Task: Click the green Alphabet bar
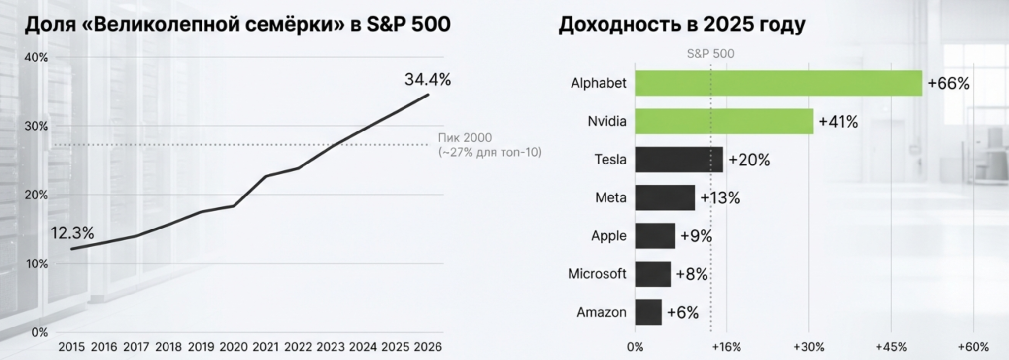pyautogui.click(x=778, y=83)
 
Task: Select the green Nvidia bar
pyautogui.click(x=724, y=121)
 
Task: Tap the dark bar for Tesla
pyautogui.click(x=678, y=160)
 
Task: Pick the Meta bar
pyautogui.click(x=665, y=197)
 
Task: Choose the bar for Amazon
pyautogui.click(x=648, y=312)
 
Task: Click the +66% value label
pyautogui.click(x=948, y=83)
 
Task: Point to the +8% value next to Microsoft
pyautogui.click(x=691, y=274)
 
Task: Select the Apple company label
pyautogui.click(x=608, y=236)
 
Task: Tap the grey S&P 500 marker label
pyautogui.click(x=710, y=54)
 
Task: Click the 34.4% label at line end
pyautogui.click(x=427, y=79)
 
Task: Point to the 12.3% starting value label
pyautogui.click(x=72, y=232)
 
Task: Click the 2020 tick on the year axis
pyautogui.click(x=233, y=347)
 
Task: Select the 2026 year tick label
pyautogui.click(x=427, y=347)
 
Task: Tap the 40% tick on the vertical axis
pyautogui.click(x=36, y=57)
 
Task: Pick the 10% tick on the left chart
pyautogui.click(x=36, y=264)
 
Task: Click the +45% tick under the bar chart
pyautogui.click(x=891, y=347)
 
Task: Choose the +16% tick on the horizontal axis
pyautogui.click(x=726, y=347)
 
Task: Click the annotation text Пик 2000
pyautogui.click(x=465, y=138)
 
